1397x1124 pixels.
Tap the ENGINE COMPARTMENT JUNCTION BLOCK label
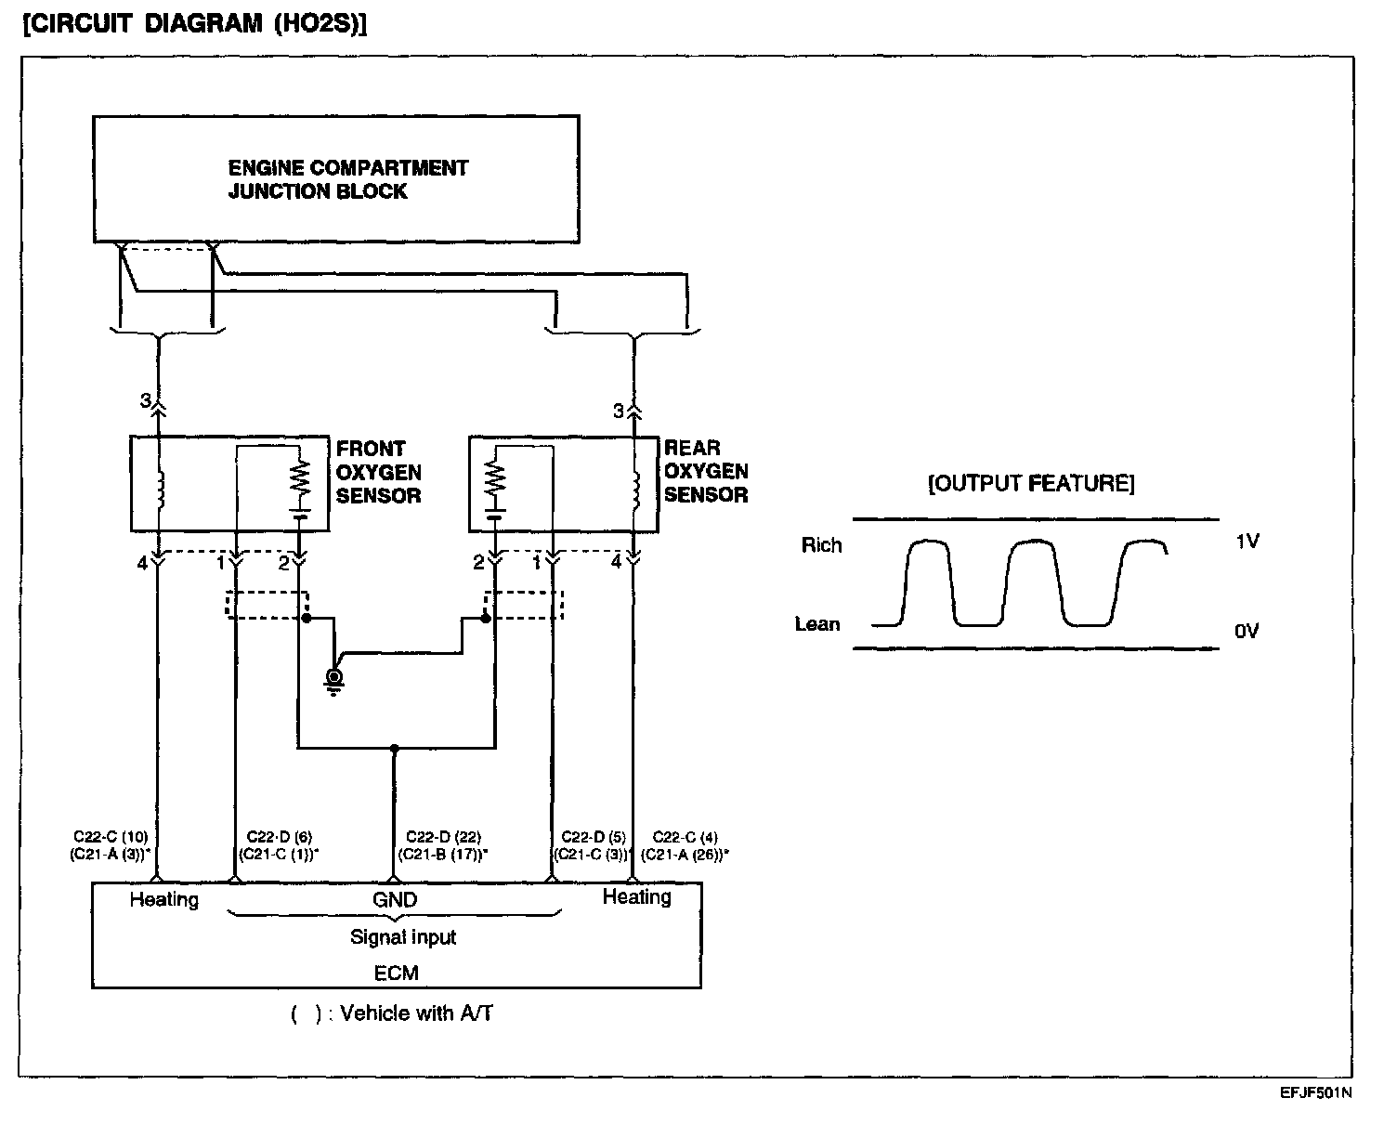(x=348, y=179)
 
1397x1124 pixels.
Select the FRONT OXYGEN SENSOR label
(x=378, y=472)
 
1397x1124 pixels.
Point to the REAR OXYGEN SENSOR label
(x=706, y=471)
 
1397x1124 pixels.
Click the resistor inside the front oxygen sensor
(x=299, y=479)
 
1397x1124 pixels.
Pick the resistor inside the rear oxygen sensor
(x=495, y=480)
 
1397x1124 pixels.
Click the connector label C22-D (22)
(x=443, y=836)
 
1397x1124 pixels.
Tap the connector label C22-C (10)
(x=111, y=836)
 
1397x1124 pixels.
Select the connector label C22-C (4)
(x=685, y=836)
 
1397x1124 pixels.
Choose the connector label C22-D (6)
(x=280, y=836)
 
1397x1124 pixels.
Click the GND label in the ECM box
(x=395, y=899)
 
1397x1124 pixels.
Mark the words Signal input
(x=403, y=937)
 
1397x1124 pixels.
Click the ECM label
(x=396, y=973)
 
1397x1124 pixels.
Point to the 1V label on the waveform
(x=1247, y=541)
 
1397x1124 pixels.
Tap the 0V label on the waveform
(x=1247, y=631)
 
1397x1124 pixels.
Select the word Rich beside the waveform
(x=821, y=544)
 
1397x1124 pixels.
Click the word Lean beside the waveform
(x=817, y=624)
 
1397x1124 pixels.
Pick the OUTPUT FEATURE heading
(x=1031, y=483)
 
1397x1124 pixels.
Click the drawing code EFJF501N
(x=1316, y=1092)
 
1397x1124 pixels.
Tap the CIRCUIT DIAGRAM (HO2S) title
(x=195, y=24)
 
